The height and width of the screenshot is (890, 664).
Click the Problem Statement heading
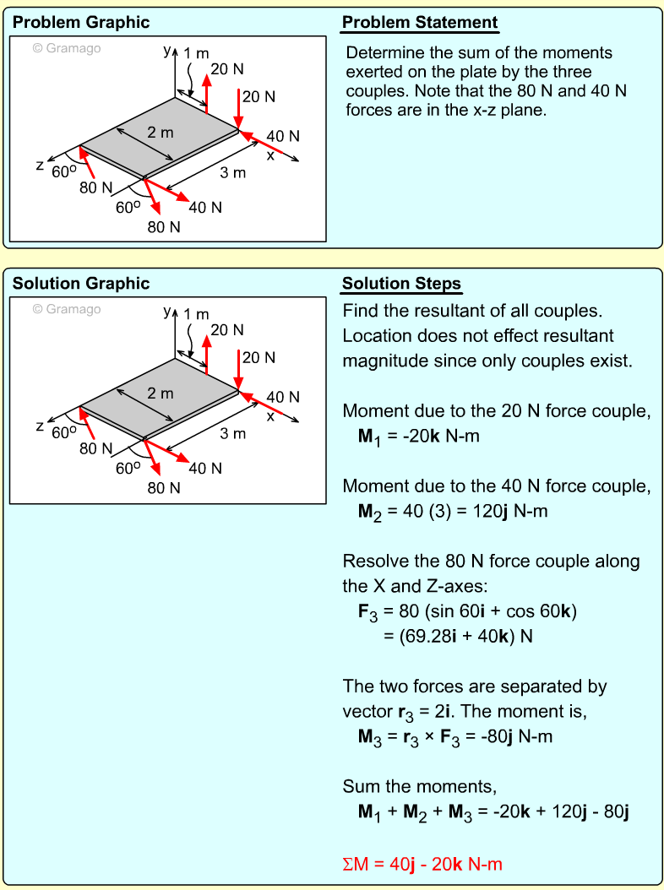[420, 23]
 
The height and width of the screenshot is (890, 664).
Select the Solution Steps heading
[401, 283]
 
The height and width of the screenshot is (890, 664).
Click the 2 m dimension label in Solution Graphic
[160, 393]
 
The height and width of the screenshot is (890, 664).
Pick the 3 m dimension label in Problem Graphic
[233, 173]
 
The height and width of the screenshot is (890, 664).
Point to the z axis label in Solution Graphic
[40, 427]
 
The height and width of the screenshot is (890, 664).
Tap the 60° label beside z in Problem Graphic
[64, 171]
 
